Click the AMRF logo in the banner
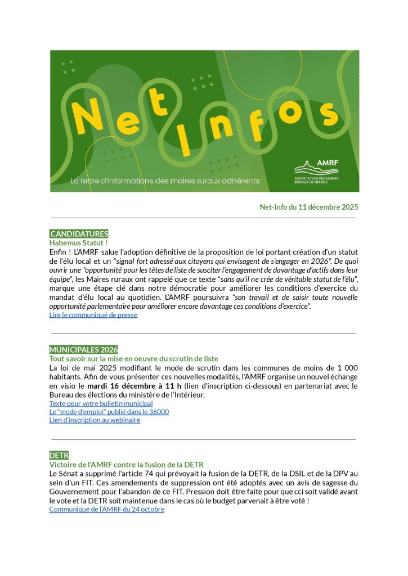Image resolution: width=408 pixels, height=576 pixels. (x=322, y=171)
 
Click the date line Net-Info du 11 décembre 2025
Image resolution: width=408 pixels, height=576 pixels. (x=308, y=207)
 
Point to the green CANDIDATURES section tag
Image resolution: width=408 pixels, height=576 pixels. (x=79, y=233)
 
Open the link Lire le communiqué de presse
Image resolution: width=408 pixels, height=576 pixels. (x=93, y=315)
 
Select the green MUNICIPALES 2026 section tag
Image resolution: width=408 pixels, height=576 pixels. (x=83, y=349)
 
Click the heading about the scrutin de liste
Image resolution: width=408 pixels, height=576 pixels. (x=133, y=358)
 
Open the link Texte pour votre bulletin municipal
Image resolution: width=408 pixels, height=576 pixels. (x=101, y=403)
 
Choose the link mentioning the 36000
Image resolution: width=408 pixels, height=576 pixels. (x=109, y=412)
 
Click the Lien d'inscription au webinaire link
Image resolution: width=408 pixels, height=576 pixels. (x=95, y=420)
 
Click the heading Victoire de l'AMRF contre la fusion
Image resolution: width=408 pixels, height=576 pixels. (x=126, y=465)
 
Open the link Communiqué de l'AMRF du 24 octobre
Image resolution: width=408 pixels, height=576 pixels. (x=106, y=509)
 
